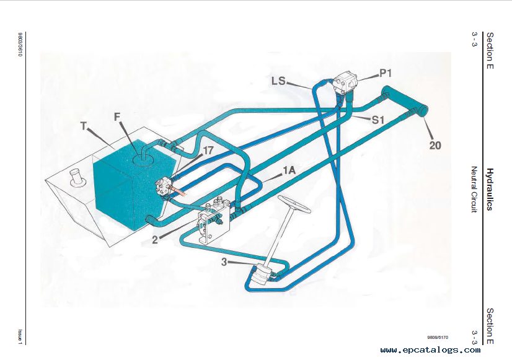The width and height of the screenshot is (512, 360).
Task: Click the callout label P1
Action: point(386,74)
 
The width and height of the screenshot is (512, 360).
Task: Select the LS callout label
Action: point(278,81)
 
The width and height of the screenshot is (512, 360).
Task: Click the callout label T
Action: point(84,125)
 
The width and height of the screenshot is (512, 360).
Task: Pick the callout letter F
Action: point(118,116)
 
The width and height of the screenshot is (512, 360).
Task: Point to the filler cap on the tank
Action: point(77,176)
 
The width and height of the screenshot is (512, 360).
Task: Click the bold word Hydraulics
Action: point(489,189)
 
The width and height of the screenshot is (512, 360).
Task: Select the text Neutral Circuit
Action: point(475,190)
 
